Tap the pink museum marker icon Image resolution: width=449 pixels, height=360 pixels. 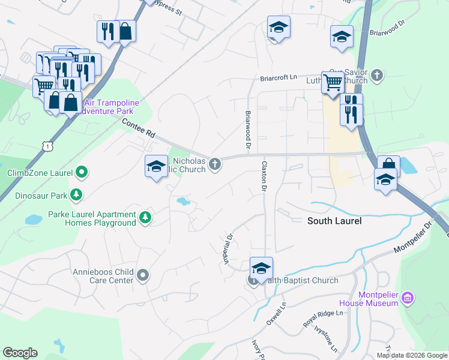pyautogui.click(x=408, y=298)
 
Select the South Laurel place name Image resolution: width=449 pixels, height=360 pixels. pyautogui.click(x=334, y=221)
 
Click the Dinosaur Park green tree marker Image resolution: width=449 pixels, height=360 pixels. pyautogui.click(x=76, y=194)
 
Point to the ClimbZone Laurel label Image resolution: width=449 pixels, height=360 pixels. pyautogui.click(x=39, y=173)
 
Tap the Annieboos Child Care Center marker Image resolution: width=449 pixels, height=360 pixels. pyautogui.click(x=142, y=275)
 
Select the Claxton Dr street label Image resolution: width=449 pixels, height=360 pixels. pyautogui.click(x=263, y=176)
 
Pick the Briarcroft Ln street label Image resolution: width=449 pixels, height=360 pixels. pyautogui.click(x=279, y=78)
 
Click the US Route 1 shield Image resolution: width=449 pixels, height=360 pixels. pyautogui.click(x=47, y=146)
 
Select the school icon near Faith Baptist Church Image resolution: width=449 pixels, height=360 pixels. pyautogui.click(x=261, y=268)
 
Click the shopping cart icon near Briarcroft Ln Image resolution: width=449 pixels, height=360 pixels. pyautogui.click(x=332, y=82)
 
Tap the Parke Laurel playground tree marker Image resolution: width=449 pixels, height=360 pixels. pyautogui.click(x=145, y=217)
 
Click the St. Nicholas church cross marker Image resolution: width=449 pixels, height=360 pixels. pyautogui.click(x=214, y=164)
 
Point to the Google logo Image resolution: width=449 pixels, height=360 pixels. pyautogui.click(x=20, y=353)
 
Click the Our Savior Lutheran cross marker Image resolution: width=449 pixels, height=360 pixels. pyautogui.click(x=376, y=75)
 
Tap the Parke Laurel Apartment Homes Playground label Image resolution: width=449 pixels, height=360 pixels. pyautogui.click(x=101, y=219)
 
